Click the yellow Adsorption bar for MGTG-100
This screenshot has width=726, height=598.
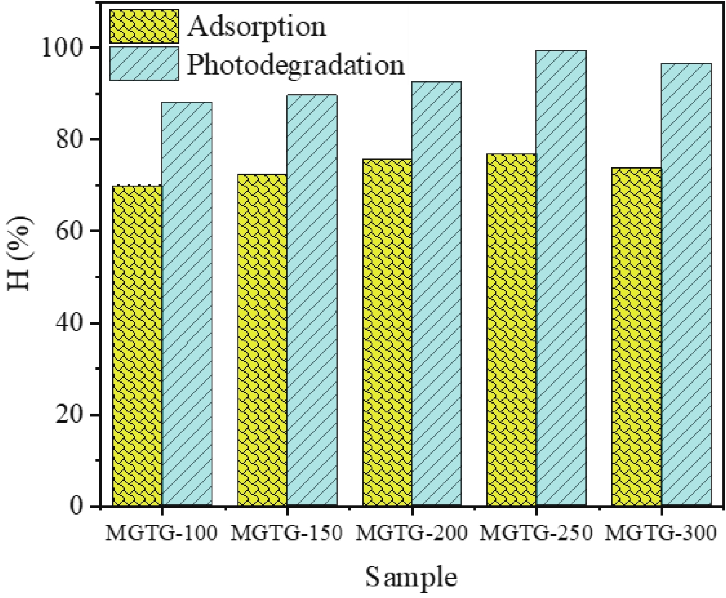pyautogui.click(x=137, y=346)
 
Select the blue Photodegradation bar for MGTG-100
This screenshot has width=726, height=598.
pyautogui.click(x=187, y=304)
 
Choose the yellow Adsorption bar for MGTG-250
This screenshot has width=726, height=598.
pyautogui.click(x=511, y=330)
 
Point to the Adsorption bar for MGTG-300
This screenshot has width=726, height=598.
pyautogui.click(x=636, y=337)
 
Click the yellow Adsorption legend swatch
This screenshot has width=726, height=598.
pyautogui.click(x=144, y=26)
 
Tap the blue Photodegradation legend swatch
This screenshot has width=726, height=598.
pyautogui.click(x=144, y=64)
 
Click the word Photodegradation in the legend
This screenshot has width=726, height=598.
pyautogui.click(x=295, y=65)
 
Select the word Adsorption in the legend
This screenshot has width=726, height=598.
pyautogui.click(x=257, y=27)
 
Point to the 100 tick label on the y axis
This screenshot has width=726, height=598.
pyautogui.click(x=64, y=48)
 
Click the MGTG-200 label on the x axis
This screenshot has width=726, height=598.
pyautogui.click(x=412, y=534)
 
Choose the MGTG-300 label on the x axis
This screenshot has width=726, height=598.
pyautogui.click(x=661, y=534)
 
